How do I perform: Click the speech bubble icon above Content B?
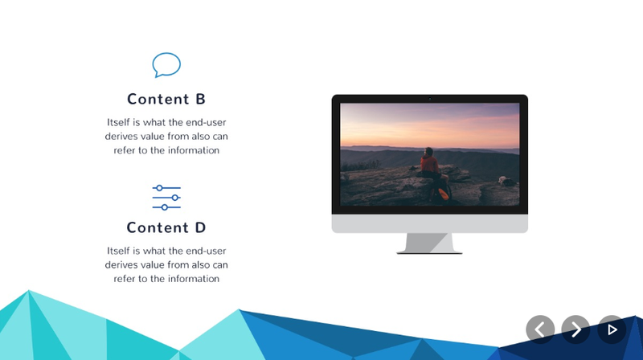click(166, 65)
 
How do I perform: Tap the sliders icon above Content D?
click(166, 198)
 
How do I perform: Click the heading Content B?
click(166, 99)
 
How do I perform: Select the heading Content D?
click(166, 227)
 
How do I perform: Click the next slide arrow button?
click(575, 329)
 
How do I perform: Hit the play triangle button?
click(612, 329)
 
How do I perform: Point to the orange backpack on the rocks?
click(443, 194)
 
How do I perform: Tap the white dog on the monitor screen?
click(506, 181)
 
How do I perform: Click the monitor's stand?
click(429, 243)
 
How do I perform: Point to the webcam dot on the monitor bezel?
click(430, 99)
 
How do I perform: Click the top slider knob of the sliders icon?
click(159, 188)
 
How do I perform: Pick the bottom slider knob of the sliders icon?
click(165, 207)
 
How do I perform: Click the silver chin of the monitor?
click(430, 223)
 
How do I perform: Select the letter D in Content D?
click(200, 227)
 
